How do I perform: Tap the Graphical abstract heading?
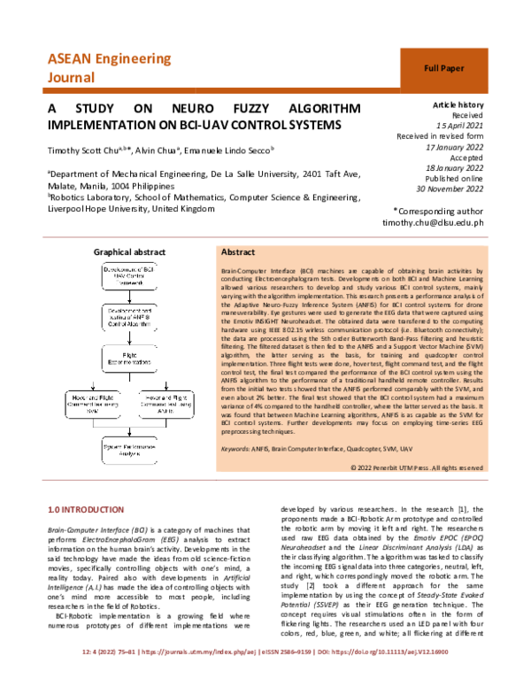click(129, 252)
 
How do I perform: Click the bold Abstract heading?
click(238, 252)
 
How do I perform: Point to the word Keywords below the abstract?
click(235, 449)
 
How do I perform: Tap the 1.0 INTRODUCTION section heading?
click(87, 511)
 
